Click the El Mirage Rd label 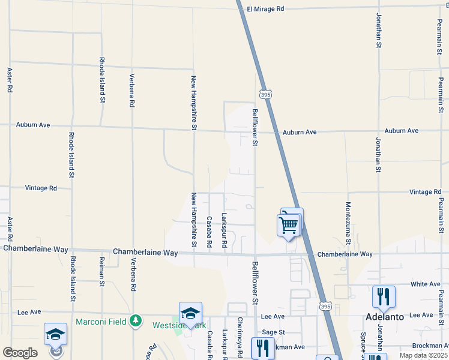point(265,9)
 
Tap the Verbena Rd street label point(132,90)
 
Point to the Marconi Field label point(101,322)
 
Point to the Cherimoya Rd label point(240,335)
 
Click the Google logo point(20,353)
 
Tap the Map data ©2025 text point(423,355)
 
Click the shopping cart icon point(289,226)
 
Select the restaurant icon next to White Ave point(384,296)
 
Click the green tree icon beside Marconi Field point(136,322)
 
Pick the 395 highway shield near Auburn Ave point(265,94)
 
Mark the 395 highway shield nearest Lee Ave point(324,305)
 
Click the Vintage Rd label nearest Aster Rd point(41,188)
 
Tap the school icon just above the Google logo point(55,334)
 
